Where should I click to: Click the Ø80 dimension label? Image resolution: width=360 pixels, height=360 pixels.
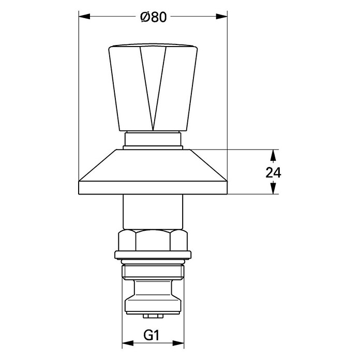[x=154, y=17]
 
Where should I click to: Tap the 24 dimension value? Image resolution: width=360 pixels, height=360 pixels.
[x=273, y=173]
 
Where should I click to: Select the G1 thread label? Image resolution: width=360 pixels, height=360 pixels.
[x=152, y=336]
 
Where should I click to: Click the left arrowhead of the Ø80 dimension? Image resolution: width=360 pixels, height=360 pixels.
[x=84, y=17]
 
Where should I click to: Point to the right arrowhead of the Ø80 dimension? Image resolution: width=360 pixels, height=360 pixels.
[x=221, y=17]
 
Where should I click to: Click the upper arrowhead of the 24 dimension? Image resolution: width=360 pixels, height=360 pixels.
[x=273, y=155]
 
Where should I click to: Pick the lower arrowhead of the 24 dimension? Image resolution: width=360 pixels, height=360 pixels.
[x=273, y=188]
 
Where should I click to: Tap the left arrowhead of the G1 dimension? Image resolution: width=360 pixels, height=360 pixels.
[x=128, y=343]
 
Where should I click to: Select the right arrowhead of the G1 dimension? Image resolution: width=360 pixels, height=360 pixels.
[x=178, y=343]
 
